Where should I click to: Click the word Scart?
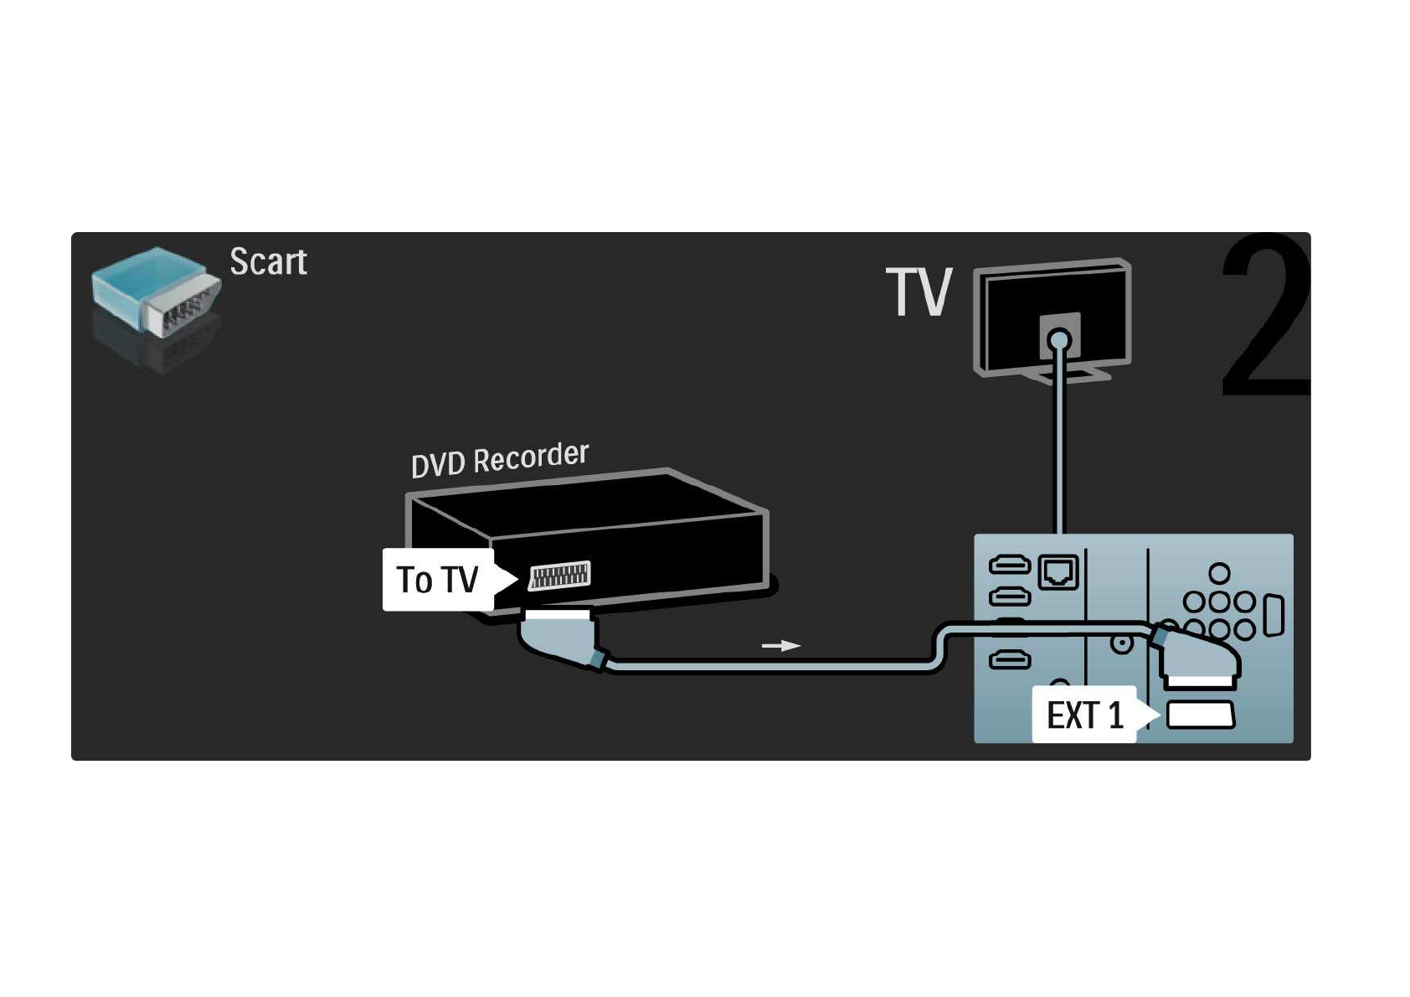coord(268,262)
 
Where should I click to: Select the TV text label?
coord(919,292)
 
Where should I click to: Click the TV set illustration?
coord(1052,318)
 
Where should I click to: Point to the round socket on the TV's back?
coord(1059,341)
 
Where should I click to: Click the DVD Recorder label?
coord(500,459)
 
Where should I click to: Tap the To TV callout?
coord(438,580)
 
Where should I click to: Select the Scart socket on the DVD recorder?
coord(559,576)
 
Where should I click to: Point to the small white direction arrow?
coord(780,646)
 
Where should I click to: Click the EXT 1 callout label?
coord(1084,715)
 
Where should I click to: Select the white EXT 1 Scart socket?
coord(1200,715)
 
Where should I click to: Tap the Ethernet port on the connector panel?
coord(1058,573)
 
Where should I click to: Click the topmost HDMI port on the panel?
coord(1010,565)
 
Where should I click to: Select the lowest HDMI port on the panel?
coord(1010,661)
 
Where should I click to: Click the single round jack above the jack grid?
coord(1219,573)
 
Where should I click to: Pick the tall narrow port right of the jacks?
coord(1273,615)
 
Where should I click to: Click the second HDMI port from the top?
coord(1010,597)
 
